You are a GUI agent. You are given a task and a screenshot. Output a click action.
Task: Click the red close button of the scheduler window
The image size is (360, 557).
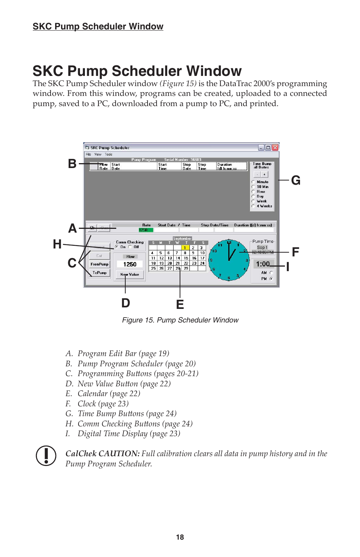point(275,148)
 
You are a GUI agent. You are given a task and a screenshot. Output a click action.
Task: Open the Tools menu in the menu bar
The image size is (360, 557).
point(109,154)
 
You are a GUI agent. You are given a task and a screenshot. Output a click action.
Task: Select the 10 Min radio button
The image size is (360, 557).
point(253,187)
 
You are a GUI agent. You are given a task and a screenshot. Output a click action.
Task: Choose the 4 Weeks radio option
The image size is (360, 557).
point(253,206)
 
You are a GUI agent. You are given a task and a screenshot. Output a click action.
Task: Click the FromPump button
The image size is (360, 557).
point(100,264)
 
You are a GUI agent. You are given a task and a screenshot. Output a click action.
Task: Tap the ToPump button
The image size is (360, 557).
point(100,273)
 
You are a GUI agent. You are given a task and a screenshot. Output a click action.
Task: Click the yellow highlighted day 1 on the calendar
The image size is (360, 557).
point(185,248)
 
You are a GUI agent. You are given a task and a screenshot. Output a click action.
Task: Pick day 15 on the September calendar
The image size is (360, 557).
point(186,258)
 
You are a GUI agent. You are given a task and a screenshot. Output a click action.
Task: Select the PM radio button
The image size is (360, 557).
point(271,279)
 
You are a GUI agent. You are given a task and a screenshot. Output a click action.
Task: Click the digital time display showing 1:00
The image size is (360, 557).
point(263,264)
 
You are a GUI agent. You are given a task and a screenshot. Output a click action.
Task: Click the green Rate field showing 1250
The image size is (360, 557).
point(146,230)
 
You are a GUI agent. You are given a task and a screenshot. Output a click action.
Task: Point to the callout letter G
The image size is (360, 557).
point(296,181)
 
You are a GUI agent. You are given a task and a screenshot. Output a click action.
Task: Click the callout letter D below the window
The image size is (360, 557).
point(126,303)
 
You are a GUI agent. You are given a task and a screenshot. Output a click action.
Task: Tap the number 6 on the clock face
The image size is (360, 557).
point(229,278)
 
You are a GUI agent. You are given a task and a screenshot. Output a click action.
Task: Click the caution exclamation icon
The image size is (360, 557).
point(46,455)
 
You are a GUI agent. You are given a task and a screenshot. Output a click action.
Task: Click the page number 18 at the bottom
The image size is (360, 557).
point(180,537)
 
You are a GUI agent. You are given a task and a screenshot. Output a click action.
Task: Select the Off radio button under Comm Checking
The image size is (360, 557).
point(130,247)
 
